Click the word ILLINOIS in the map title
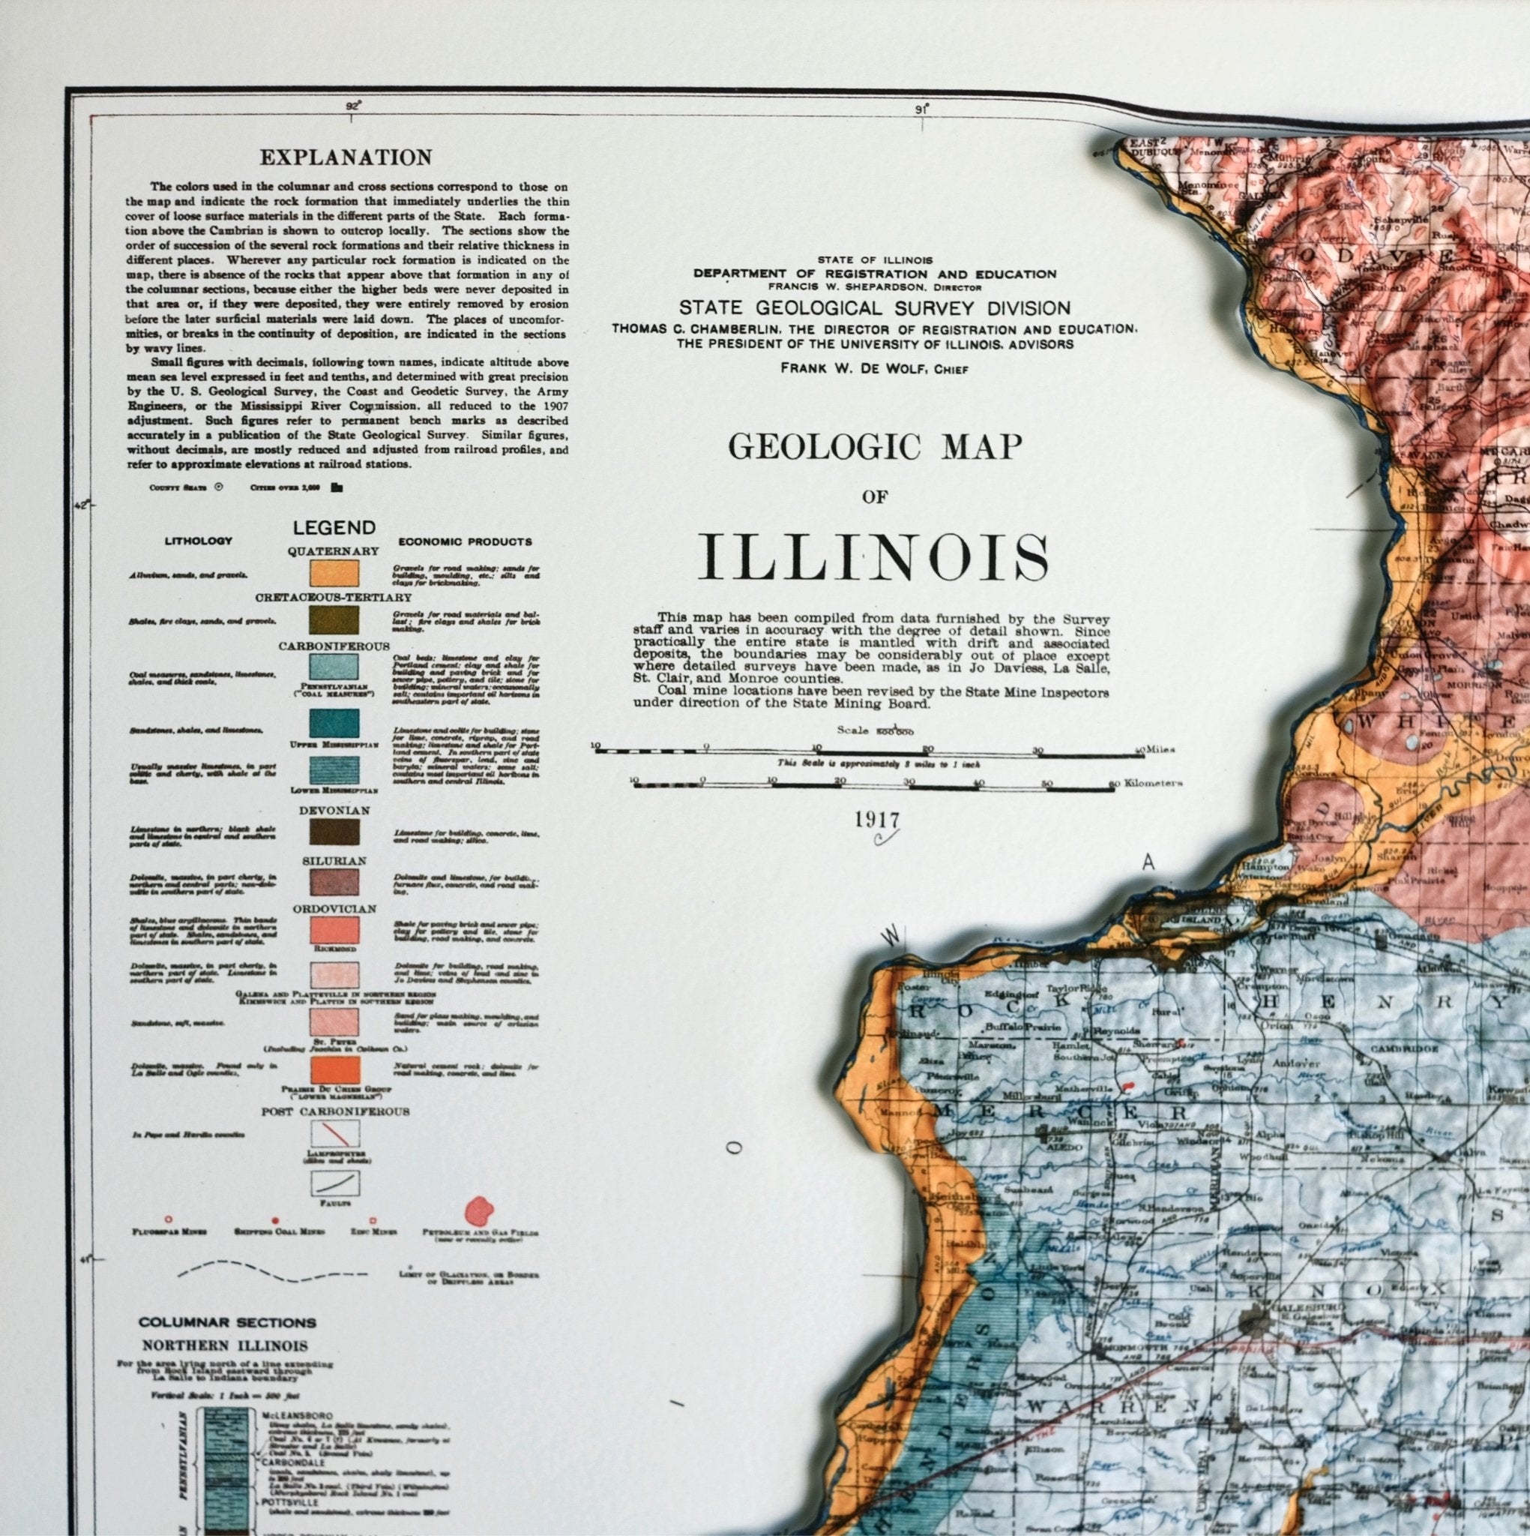pos(874,558)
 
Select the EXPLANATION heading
pos(346,157)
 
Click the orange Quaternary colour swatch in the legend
pos(334,573)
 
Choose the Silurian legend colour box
pos(334,883)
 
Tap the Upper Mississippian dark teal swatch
pos(334,723)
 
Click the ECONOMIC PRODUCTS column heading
pos(465,541)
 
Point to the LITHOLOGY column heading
pos(198,541)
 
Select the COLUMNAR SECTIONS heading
pos(227,1323)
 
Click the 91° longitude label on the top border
pos(921,110)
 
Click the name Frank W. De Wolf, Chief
pos(873,367)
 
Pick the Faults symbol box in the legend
pos(334,1182)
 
